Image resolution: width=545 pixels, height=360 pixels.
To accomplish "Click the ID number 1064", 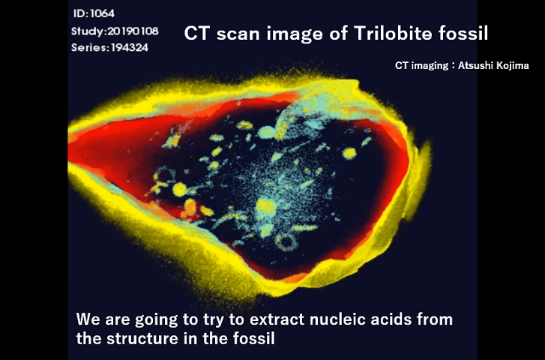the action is coord(102,13).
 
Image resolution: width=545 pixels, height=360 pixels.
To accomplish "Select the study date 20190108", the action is coord(133,31).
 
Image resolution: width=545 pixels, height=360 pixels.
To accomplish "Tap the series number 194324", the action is coord(130,47).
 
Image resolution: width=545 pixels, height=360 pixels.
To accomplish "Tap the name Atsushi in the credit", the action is coord(474,65).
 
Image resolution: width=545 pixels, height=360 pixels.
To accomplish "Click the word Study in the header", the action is coord(88,31).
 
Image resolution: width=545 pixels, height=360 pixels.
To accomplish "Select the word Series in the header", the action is coord(90,47).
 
